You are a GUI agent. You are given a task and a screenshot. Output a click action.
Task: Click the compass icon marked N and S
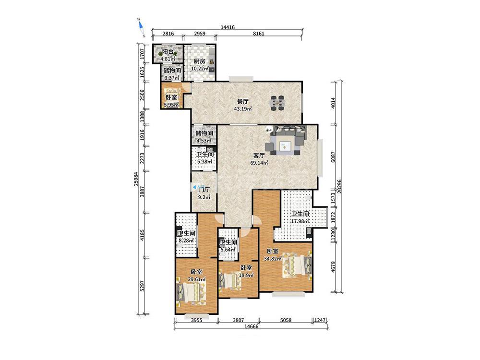point(141,28)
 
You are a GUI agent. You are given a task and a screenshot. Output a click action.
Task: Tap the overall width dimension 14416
point(228,27)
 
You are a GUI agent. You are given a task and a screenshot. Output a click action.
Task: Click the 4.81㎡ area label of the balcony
point(168,58)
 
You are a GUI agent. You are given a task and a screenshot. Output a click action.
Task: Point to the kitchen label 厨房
point(200,61)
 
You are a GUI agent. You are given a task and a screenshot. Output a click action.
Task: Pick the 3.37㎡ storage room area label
point(172,78)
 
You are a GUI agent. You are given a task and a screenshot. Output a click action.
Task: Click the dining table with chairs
point(278,103)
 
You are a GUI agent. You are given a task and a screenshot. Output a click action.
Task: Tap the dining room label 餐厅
point(243,101)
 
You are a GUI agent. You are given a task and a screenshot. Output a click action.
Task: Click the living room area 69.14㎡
point(259,163)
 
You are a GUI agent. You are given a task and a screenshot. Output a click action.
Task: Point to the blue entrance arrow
point(194,186)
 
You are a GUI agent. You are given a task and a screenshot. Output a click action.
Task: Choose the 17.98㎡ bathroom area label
point(300,221)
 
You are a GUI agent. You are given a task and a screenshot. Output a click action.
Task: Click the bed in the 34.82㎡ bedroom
point(296,264)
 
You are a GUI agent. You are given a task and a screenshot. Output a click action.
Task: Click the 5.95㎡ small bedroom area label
point(171,105)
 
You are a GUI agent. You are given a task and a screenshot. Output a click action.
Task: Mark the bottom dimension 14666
point(252,326)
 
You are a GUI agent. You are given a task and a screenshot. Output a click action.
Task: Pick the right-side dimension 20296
point(339,186)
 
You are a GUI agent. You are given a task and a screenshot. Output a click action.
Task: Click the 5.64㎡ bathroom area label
point(228,250)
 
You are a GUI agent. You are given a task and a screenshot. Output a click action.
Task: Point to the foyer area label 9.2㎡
point(204,197)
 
